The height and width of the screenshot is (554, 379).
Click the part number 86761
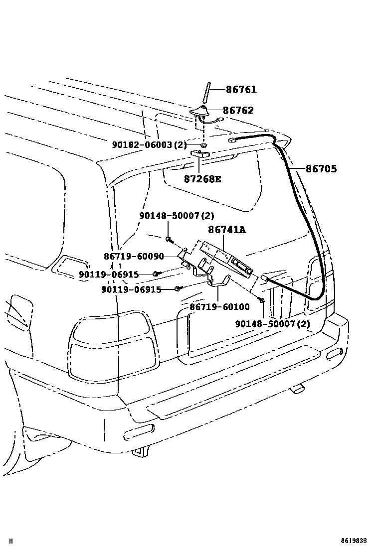click(x=241, y=90)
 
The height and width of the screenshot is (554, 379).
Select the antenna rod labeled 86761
click(x=205, y=95)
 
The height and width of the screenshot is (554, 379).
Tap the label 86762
click(x=238, y=111)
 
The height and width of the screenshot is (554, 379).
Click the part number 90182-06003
click(x=149, y=144)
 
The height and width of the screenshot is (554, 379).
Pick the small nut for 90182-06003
click(x=204, y=145)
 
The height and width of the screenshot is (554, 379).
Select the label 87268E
click(x=202, y=179)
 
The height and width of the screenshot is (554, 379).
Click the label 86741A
click(x=227, y=230)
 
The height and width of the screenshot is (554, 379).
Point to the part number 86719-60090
click(x=134, y=256)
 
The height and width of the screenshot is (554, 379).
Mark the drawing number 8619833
click(x=357, y=541)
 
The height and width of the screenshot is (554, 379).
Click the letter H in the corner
click(x=11, y=541)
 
